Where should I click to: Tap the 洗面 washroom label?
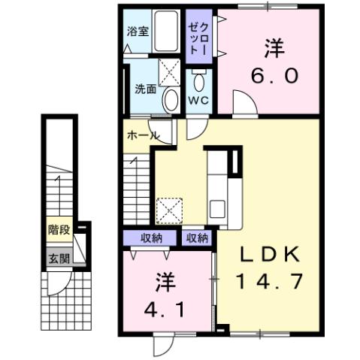145,88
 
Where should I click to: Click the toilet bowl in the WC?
198,80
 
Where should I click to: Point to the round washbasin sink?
171,98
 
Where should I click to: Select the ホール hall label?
142,136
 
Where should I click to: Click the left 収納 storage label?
151,238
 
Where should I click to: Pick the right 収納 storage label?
197,238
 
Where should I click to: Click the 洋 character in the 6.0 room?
273,47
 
